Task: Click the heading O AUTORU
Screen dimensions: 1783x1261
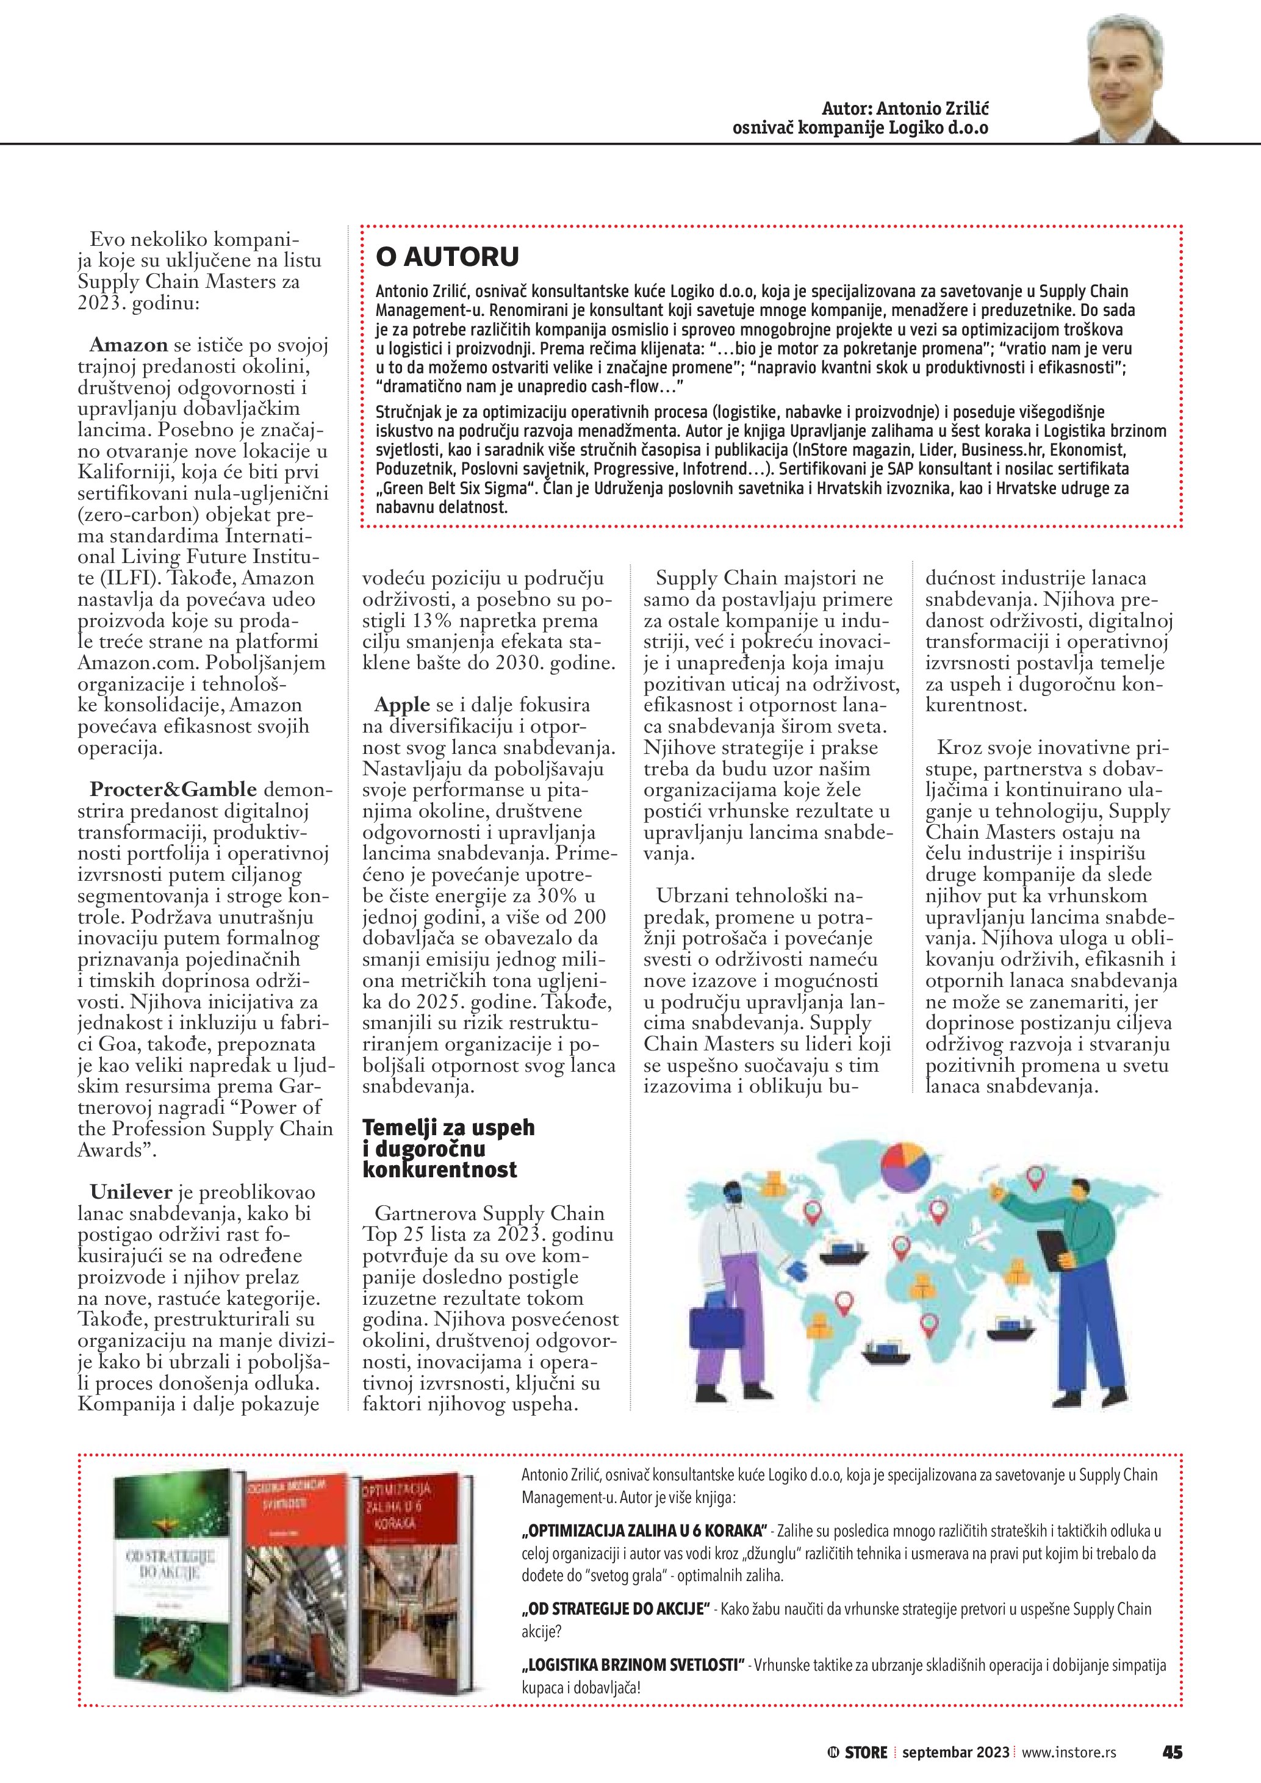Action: click(x=447, y=256)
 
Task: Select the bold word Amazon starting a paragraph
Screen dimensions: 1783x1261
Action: click(x=129, y=345)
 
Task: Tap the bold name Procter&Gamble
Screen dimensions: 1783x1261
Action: click(x=173, y=789)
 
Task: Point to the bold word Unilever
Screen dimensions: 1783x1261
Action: click(x=128, y=1192)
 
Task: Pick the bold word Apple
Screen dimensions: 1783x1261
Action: click(x=401, y=705)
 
